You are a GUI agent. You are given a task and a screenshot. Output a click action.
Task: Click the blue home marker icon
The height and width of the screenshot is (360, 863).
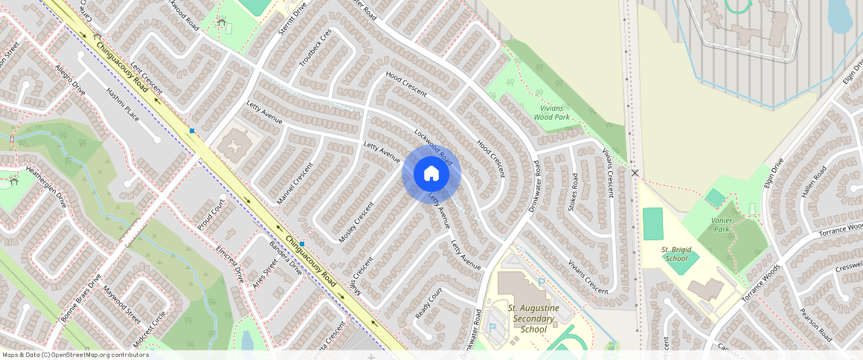point(431,173)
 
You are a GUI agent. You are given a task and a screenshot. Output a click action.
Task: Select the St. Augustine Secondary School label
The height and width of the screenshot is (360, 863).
point(532,318)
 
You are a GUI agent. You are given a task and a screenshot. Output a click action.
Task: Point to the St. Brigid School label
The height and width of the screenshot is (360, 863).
point(675,254)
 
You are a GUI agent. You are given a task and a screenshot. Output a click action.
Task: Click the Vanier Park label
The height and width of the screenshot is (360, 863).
point(721,225)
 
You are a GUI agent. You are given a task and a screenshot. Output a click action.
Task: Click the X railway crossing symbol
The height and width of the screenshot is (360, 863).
point(635,173)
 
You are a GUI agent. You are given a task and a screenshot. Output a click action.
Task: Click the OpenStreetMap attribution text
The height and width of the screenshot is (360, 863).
point(74,355)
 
